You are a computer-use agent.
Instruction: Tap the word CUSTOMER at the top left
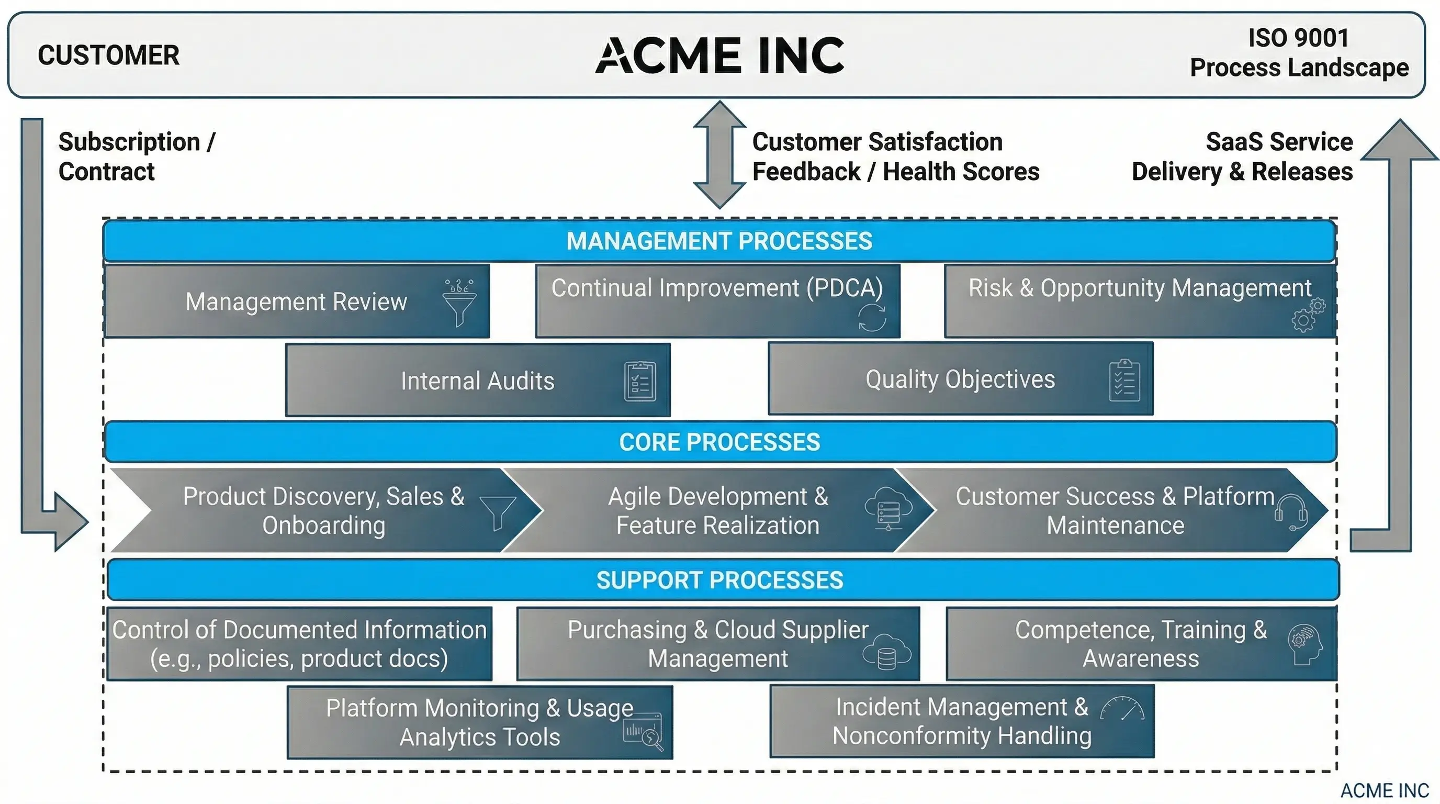point(108,55)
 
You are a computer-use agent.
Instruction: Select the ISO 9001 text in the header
point(1298,38)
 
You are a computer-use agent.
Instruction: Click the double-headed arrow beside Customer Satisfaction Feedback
point(719,155)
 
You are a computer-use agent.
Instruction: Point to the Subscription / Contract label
point(136,157)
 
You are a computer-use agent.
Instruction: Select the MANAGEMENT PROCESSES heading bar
point(719,241)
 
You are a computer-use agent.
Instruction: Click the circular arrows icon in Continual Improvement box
point(872,317)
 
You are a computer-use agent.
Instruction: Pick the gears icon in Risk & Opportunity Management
point(1308,315)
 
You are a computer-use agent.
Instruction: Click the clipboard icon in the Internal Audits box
point(640,381)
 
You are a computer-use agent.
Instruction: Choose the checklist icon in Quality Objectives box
point(1124,380)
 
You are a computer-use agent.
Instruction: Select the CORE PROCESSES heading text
point(719,442)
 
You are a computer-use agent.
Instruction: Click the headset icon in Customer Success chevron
point(1292,511)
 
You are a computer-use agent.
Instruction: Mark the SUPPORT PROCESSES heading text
point(719,580)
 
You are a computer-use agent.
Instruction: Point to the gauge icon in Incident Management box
point(1122,709)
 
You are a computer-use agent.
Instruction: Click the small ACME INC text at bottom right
point(1384,790)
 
